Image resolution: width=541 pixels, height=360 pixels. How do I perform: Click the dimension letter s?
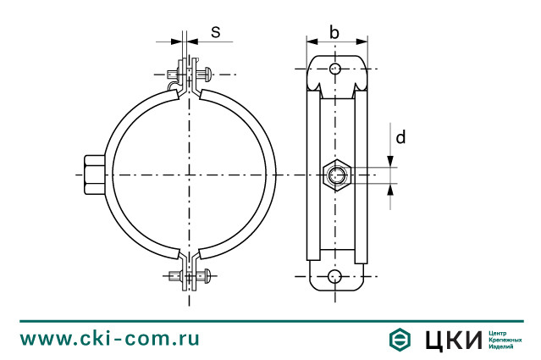pyautogui.click(x=215, y=32)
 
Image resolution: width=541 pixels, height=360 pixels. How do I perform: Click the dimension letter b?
pyautogui.click(x=334, y=33)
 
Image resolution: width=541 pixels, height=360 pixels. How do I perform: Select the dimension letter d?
pyautogui.click(x=400, y=137)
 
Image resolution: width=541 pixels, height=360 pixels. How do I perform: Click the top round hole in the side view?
pyautogui.click(x=336, y=69)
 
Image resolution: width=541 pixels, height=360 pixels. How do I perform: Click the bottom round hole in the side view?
pyautogui.click(x=336, y=276)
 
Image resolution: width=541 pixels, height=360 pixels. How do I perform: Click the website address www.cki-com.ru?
pyautogui.click(x=110, y=338)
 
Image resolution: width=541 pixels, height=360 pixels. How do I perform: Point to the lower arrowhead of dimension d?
pyautogui.click(x=390, y=189)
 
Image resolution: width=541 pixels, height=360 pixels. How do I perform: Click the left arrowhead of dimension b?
pyautogui.click(x=310, y=40)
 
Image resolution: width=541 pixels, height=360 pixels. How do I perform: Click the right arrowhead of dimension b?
pyautogui.click(x=363, y=40)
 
